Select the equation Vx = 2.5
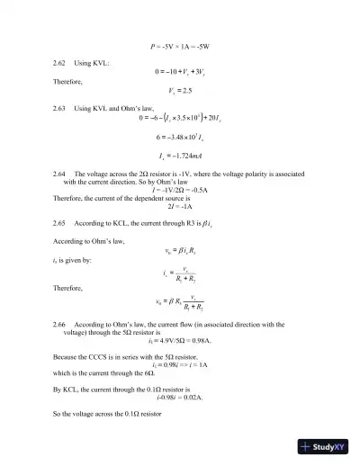click(179, 91)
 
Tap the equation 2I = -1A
click(179, 205)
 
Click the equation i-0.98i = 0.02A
click(179, 397)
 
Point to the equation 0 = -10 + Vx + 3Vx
click(179, 72)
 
